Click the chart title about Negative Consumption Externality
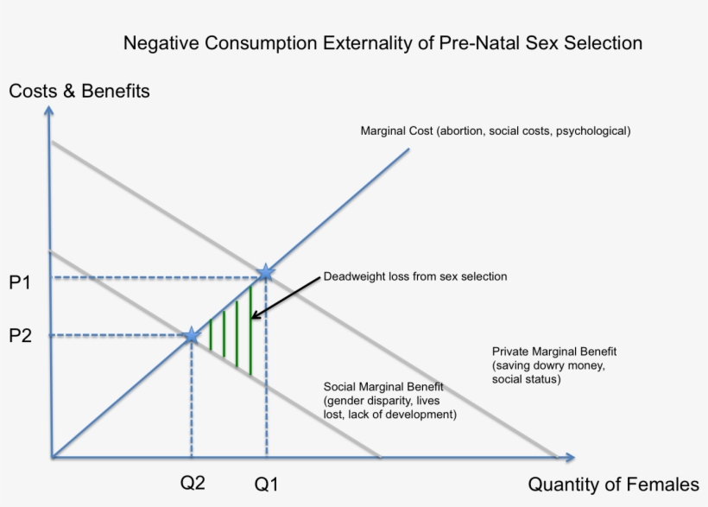(382, 42)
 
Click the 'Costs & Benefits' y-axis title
(79, 91)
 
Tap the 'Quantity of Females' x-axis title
(613, 485)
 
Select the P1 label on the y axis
(21, 283)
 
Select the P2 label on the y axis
(21, 336)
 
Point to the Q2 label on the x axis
(193, 483)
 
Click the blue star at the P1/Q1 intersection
(265, 273)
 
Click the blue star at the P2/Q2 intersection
(192, 336)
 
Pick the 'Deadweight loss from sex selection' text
(415, 276)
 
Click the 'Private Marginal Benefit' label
(554, 352)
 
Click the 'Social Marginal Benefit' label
(383, 387)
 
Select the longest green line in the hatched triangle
(250, 329)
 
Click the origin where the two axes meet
(51, 456)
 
